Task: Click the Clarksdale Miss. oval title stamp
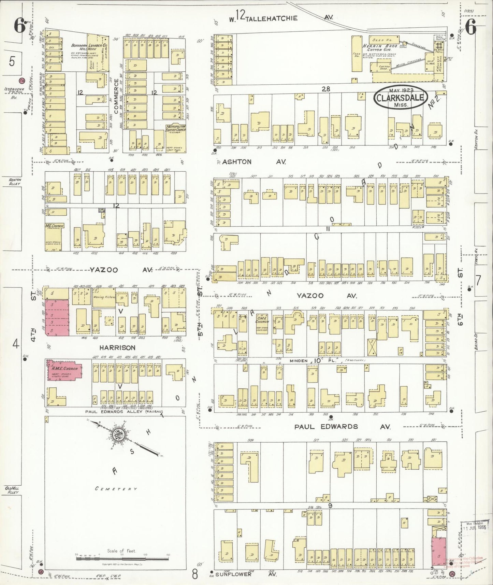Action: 400,98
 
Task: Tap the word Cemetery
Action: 116,489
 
